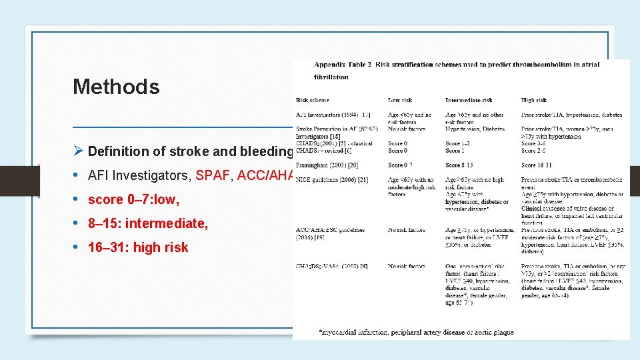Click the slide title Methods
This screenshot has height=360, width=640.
point(116,87)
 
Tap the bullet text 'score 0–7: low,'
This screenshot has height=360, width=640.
point(134,199)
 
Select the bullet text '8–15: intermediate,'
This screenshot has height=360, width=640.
point(148,223)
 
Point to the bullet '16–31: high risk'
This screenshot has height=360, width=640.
point(138,247)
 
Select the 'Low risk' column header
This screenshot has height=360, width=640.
point(399,100)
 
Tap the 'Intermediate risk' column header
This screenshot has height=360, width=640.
point(469,100)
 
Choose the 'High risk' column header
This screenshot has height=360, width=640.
point(533,100)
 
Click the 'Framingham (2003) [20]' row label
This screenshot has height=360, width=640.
point(327,164)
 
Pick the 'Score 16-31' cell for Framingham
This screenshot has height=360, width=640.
point(537,164)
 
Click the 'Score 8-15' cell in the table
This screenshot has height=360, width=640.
point(459,164)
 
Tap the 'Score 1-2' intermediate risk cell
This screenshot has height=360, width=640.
point(457,143)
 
